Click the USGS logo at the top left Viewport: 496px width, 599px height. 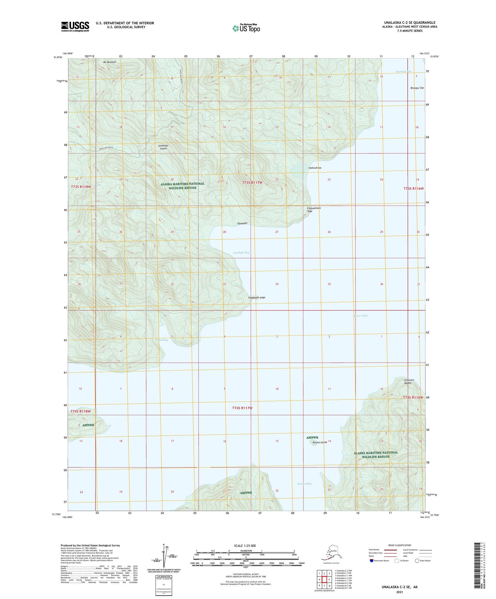click(75, 26)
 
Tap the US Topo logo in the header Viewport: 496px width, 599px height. click(246, 28)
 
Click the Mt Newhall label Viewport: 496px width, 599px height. click(109, 62)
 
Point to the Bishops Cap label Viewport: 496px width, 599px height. click(417, 88)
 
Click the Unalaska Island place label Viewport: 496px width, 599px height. click(163, 147)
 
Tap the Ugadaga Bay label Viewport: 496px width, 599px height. click(241, 252)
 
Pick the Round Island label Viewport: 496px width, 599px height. click(320, 442)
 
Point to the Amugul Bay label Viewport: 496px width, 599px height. click(304, 484)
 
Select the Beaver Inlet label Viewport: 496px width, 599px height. click(360, 316)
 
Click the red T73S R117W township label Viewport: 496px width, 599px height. click(252, 183)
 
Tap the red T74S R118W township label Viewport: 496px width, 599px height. click(80, 411)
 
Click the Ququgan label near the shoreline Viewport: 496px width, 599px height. click(242, 223)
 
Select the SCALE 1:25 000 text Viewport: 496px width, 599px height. click(245, 545)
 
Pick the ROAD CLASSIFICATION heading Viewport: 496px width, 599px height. click(400, 545)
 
